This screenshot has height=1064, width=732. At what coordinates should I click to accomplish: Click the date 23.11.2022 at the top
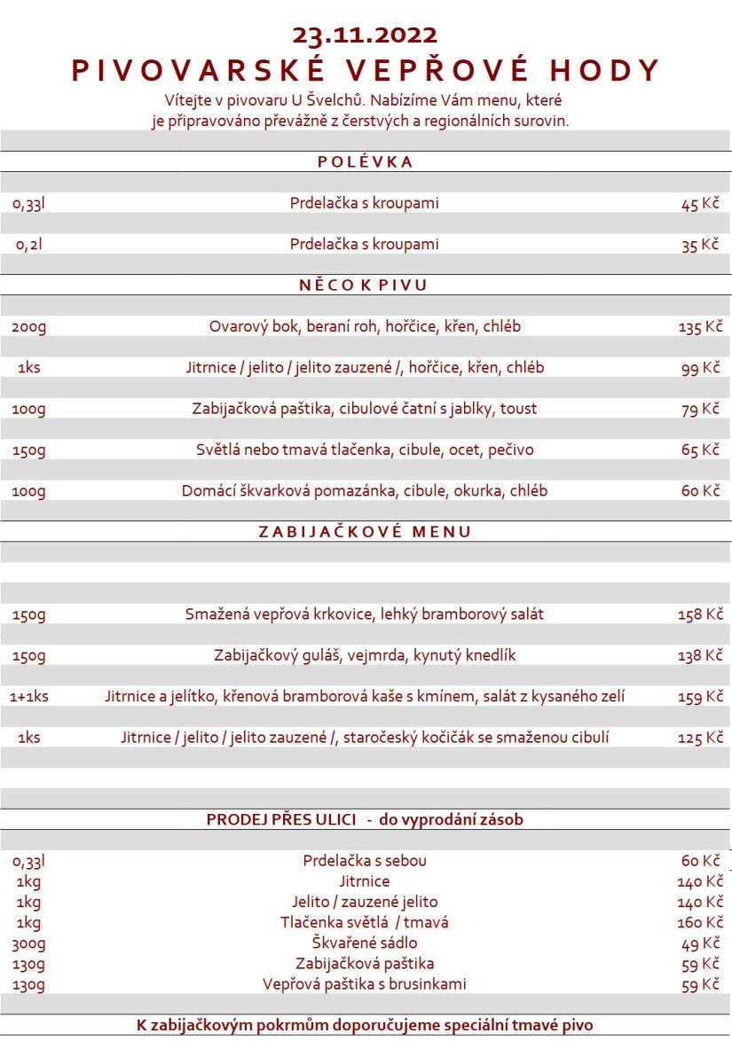pyautogui.click(x=365, y=35)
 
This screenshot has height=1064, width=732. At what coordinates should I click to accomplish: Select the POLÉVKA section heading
pyautogui.click(x=365, y=162)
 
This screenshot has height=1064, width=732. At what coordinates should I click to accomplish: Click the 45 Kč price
pyautogui.click(x=700, y=204)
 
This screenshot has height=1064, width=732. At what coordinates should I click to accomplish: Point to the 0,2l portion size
pyautogui.click(x=28, y=245)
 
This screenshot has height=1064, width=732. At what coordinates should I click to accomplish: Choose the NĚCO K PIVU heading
pyautogui.click(x=365, y=286)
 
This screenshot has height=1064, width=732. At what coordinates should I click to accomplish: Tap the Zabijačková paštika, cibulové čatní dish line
pyautogui.click(x=365, y=409)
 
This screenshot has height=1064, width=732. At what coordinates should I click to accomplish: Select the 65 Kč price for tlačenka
pyautogui.click(x=700, y=450)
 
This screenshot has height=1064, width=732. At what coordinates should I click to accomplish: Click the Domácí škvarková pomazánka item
pyautogui.click(x=365, y=491)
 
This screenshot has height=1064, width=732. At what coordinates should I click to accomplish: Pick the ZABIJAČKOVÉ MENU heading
pyautogui.click(x=365, y=532)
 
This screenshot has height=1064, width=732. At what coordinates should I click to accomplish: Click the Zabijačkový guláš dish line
pyautogui.click(x=365, y=656)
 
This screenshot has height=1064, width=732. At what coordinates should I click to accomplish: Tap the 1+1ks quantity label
pyautogui.click(x=29, y=697)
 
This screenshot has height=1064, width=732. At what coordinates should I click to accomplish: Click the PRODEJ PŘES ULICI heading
pyautogui.click(x=365, y=819)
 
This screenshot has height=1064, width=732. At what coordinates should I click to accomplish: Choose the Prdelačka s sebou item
pyautogui.click(x=365, y=861)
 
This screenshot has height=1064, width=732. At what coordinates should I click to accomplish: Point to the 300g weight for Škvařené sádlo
pyautogui.click(x=29, y=943)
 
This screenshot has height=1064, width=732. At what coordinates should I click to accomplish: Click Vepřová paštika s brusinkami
pyautogui.click(x=365, y=984)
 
